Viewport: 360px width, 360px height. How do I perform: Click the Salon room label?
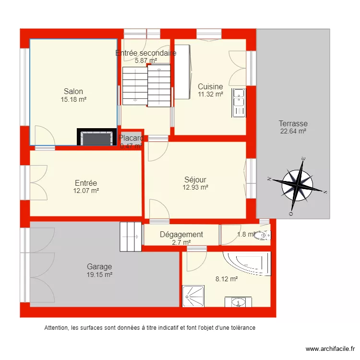pos(73,91)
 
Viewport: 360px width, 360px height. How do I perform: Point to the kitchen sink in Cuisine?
pos(239,102)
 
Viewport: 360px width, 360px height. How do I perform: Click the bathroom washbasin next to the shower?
pos(238,302)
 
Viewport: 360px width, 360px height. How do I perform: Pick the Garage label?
pos(99,266)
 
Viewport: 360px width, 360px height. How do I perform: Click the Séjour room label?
pos(195,180)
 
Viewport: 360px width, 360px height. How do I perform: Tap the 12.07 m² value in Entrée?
pos(86,191)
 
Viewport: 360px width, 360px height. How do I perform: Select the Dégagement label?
pos(181,235)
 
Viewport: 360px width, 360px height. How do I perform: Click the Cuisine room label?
pos(210,87)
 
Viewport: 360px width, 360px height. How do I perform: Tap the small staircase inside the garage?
pos(131,236)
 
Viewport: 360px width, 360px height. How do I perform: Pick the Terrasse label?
pos(293,123)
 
